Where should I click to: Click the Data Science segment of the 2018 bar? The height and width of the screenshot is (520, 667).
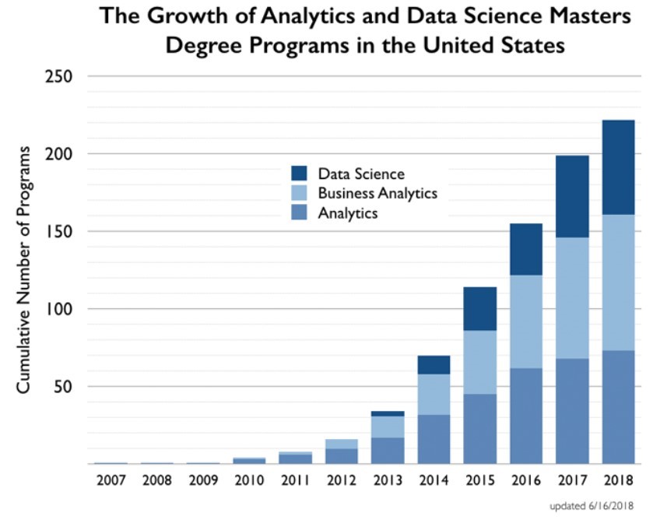pos(618,167)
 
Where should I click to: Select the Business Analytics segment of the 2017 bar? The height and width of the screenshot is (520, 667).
pos(572,297)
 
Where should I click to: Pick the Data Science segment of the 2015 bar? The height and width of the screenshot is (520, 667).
pos(479,308)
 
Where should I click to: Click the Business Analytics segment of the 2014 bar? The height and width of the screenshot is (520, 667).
pos(434,394)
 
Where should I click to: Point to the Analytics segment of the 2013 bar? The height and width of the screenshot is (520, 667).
pos(388,450)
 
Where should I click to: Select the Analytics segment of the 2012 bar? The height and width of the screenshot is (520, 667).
pos(342,455)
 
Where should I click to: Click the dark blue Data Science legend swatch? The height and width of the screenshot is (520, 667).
pos(300,174)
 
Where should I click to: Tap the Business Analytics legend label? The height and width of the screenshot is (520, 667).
pos(377,193)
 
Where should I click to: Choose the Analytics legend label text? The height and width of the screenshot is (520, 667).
pos(348,213)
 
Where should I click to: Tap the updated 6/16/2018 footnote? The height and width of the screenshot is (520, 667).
pos(594,507)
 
